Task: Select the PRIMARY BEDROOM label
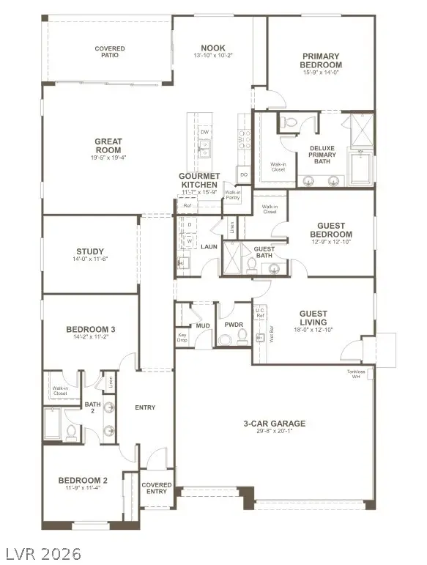(322, 60)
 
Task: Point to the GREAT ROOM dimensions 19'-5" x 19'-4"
(108, 157)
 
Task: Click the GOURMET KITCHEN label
(199, 181)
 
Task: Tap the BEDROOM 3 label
(91, 329)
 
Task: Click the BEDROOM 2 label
(83, 481)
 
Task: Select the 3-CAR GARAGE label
(275, 424)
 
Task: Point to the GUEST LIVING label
(313, 318)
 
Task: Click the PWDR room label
(234, 325)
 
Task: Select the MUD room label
(203, 325)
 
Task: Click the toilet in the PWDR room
(225, 339)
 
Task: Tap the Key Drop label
(183, 339)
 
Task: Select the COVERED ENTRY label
(156, 489)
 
